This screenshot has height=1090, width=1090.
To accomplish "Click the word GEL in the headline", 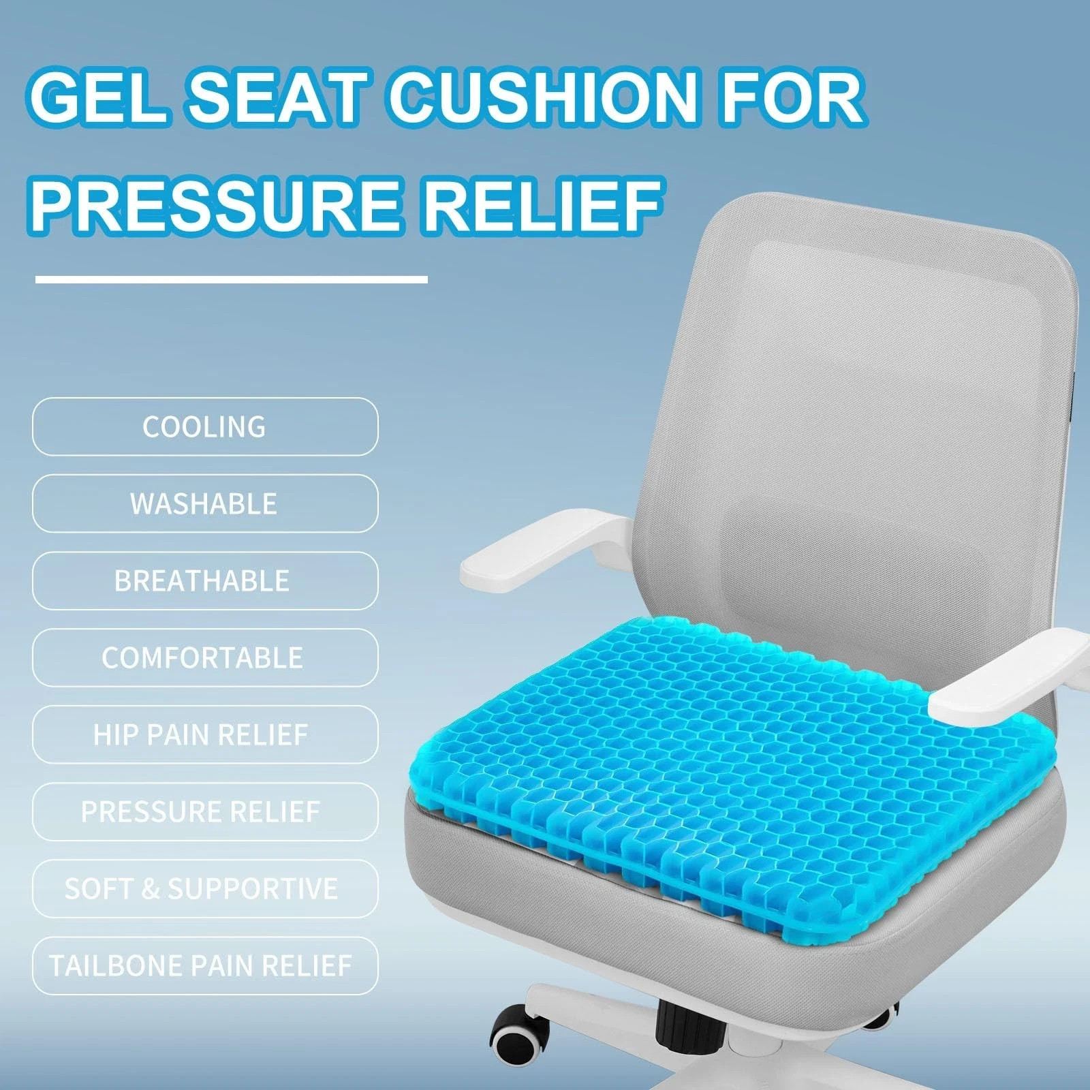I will click(x=99, y=97).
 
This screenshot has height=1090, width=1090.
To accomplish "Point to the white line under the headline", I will click(x=231, y=279).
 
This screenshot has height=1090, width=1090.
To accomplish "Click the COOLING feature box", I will click(x=204, y=427).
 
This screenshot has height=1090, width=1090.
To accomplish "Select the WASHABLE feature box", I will click(x=204, y=504).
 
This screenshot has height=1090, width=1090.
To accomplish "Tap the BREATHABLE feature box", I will click(x=204, y=581).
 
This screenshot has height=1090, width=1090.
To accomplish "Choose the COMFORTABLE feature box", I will click(x=204, y=658).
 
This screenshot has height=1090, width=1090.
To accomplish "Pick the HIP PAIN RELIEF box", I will click(x=204, y=735).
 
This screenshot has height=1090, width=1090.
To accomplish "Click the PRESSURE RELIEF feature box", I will click(x=204, y=812).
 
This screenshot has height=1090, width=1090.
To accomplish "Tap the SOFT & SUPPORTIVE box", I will click(x=204, y=889).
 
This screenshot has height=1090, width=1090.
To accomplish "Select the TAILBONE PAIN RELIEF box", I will click(x=204, y=966).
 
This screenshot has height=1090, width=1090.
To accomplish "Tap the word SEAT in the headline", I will click(x=276, y=97).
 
